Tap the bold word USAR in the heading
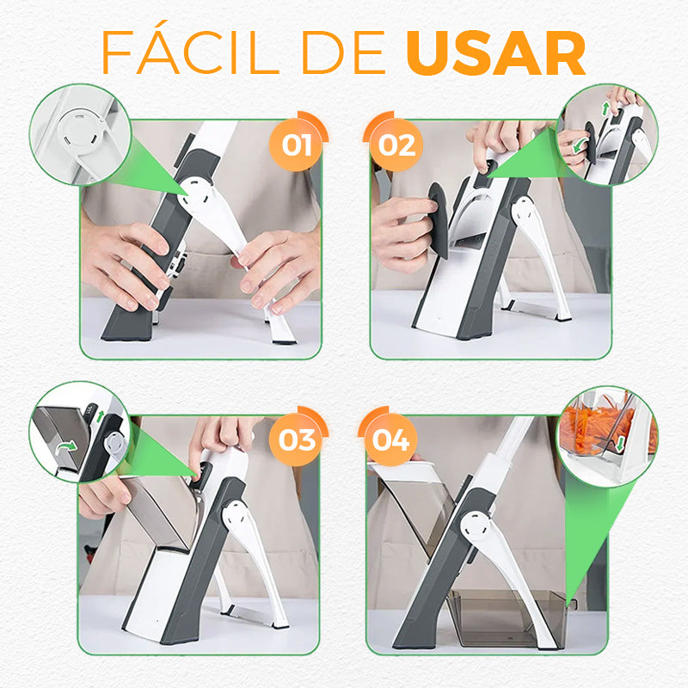click(x=496, y=53)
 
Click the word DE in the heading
click(x=343, y=52)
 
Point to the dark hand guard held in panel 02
click(x=439, y=221)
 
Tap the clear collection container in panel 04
click(x=507, y=618)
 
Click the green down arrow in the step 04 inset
click(x=619, y=444)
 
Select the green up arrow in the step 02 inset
click(x=606, y=109)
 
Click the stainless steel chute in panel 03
click(x=160, y=511)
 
